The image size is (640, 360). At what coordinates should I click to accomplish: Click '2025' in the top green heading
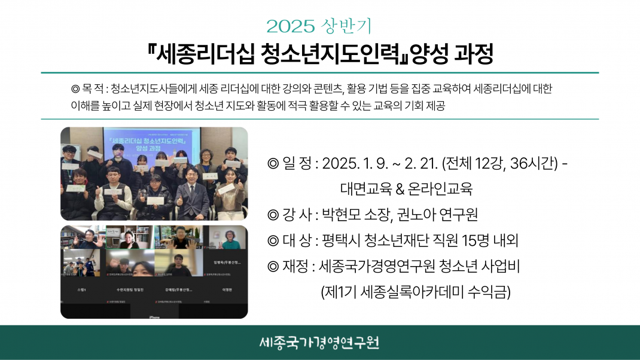(x=290, y=26)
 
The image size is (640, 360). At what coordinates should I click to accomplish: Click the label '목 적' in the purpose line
(x=91, y=89)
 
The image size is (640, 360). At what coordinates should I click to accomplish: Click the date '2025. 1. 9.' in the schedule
(x=354, y=164)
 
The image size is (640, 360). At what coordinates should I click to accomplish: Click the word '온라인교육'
(x=440, y=189)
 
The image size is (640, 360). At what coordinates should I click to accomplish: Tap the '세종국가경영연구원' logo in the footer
(x=319, y=343)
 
